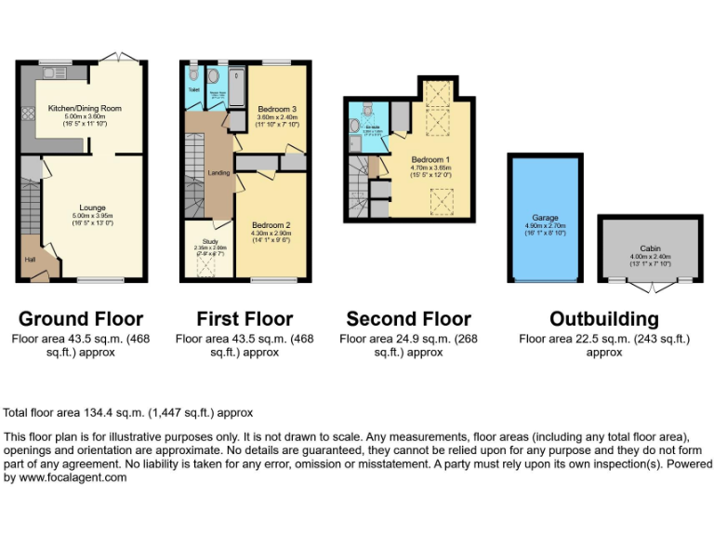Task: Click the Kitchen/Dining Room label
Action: [x=85, y=108]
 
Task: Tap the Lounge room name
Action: [x=92, y=207]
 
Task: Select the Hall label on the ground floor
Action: [x=30, y=260]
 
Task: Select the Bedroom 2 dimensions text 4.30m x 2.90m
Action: [x=271, y=233]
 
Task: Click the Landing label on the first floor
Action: [x=218, y=173]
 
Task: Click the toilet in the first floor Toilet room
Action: [x=192, y=74]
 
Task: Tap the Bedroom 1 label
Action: [x=430, y=159]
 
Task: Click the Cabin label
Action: [x=649, y=248]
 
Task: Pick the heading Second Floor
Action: [x=408, y=319]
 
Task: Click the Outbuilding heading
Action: [x=604, y=319]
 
